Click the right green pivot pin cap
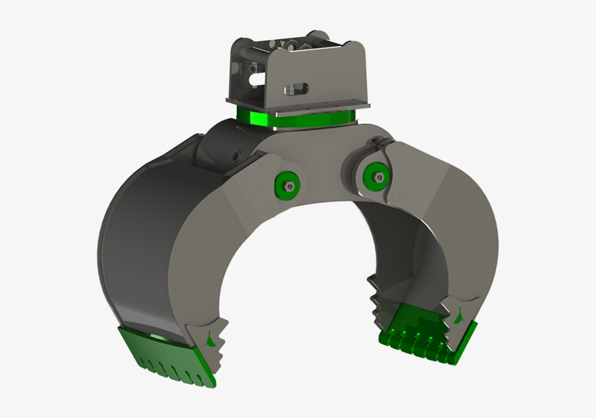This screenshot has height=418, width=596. pyautogui.click(x=374, y=174)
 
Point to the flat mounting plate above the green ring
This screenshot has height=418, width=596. pyautogui.click(x=298, y=106)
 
